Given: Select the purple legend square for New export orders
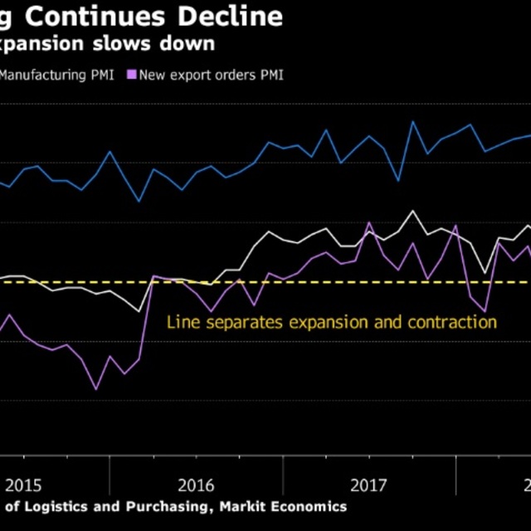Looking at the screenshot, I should coord(131,76).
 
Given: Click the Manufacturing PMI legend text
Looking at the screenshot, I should coord(57,76).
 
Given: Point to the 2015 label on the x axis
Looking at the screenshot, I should coord(23,485).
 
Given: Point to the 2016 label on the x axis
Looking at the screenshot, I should coord(197,485).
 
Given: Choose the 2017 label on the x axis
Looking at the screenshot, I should coord(369,485).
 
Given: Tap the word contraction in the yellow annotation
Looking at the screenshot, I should coord(451,322).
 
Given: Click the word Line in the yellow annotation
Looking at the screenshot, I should coord(182,322).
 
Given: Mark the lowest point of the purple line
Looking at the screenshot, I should coord(96,388).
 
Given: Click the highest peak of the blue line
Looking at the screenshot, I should coord(412,121).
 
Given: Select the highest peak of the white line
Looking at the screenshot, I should coord(413,211).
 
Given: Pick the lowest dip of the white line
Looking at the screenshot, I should coord(139,312).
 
